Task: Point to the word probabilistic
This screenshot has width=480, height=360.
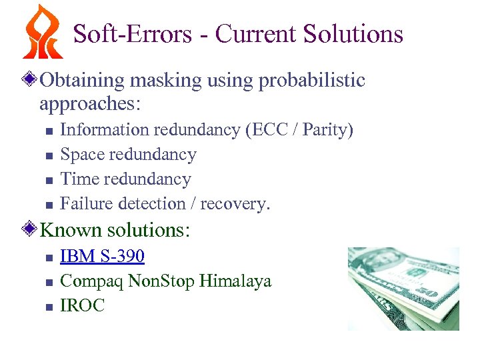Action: (x=311, y=81)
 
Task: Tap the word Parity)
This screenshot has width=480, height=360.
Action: (x=327, y=129)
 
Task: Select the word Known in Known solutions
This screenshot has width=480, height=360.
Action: (x=71, y=231)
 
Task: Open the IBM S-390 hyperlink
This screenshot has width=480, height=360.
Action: (x=102, y=256)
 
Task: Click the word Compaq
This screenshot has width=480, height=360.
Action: (x=91, y=281)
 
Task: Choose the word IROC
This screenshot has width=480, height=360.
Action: (x=83, y=305)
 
